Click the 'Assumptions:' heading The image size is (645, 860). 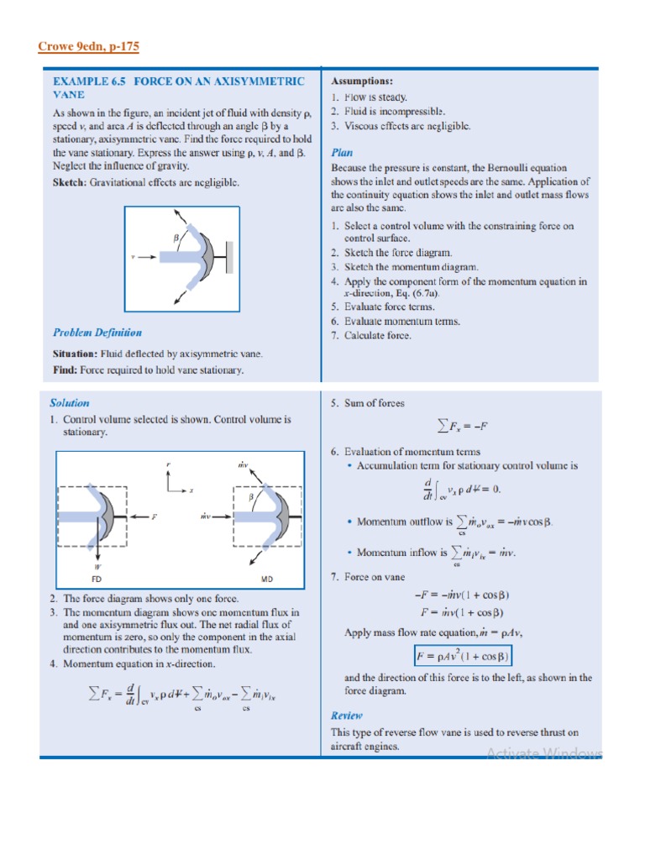pyautogui.click(x=362, y=81)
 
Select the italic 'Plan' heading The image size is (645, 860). pyautogui.click(x=342, y=153)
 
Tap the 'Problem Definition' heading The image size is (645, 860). pyautogui.click(x=97, y=333)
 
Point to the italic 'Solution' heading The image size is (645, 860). pyautogui.click(x=69, y=403)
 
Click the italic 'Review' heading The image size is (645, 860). pyautogui.click(x=346, y=716)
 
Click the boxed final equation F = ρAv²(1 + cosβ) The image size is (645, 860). pyautogui.click(x=463, y=655)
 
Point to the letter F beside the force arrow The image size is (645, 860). pyautogui.click(x=154, y=517)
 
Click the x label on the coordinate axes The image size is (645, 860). pyautogui.click(x=191, y=490)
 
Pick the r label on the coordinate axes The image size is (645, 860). pyautogui.click(x=168, y=464)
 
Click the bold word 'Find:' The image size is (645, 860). pyautogui.click(x=66, y=370)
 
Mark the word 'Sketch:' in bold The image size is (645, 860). pyautogui.click(x=72, y=181)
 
